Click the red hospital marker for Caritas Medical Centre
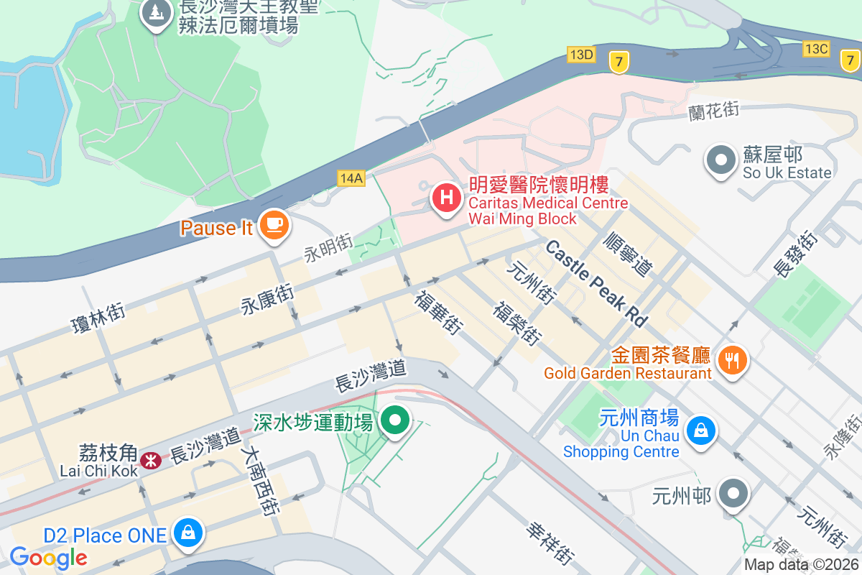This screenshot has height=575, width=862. pyautogui.click(x=446, y=196)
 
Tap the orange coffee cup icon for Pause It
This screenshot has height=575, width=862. pyautogui.click(x=273, y=225)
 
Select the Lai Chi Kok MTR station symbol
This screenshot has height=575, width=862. pyautogui.click(x=151, y=461)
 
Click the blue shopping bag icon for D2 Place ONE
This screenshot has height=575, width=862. pyautogui.click(x=187, y=533)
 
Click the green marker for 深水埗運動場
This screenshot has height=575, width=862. pyautogui.click(x=394, y=420)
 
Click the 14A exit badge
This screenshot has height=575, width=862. pyautogui.click(x=351, y=178)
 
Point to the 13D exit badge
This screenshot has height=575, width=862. pyautogui.click(x=581, y=55)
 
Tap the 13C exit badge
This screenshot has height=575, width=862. pyautogui.click(x=817, y=49)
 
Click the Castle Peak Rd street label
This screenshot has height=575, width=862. pyautogui.click(x=596, y=283)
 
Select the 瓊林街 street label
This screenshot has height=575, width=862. pyautogui.click(x=99, y=318)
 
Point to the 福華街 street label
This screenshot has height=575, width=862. pyautogui.click(x=437, y=311)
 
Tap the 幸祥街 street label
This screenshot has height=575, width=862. pyautogui.click(x=551, y=542)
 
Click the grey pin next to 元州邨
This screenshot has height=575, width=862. pyautogui.click(x=733, y=494)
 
